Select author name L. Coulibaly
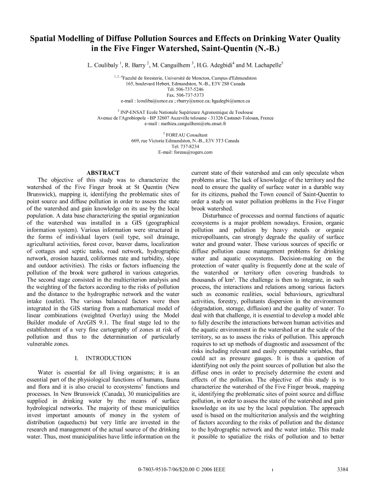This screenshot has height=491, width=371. coord(101,65)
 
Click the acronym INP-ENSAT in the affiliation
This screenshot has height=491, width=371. coord(135,112)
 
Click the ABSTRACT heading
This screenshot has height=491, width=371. coord(103,173)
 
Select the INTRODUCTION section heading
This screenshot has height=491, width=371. coord(108,358)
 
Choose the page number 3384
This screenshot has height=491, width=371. coord(342,469)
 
